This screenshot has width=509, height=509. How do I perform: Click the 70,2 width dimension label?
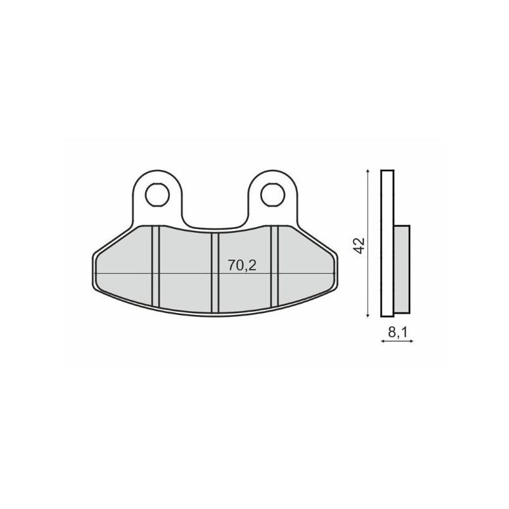(242, 265)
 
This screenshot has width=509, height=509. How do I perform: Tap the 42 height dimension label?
(360, 246)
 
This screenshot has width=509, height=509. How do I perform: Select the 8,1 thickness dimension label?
(397, 331)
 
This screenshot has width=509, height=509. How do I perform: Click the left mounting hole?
(157, 195)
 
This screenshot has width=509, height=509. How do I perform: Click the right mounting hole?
(273, 195)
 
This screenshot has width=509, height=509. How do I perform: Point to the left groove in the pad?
(156, 266)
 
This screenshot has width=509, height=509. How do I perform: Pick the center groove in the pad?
(215, 273)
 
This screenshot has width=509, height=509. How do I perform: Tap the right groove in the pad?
(275, 266)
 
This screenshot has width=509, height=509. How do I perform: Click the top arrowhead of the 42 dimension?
(368, 171)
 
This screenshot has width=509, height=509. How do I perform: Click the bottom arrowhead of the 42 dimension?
(368, 315)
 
